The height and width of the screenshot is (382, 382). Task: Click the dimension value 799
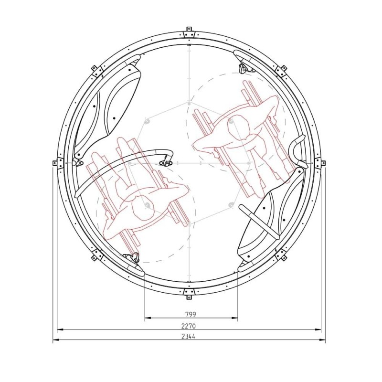pyautogui.click(x=190, y=314)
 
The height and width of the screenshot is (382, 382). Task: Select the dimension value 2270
pyautogui.click(x=189, y=326)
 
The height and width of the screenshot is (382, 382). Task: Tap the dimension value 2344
pyautogui.click(x=189, y=337)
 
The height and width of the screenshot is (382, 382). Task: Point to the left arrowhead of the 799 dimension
pyautogui.click(x=148, y=318)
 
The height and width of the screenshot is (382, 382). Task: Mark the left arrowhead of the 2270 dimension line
pyautogui.click(x=60, y=329)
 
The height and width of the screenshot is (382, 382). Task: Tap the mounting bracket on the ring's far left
pyautogui.click(x=58, y=163)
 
